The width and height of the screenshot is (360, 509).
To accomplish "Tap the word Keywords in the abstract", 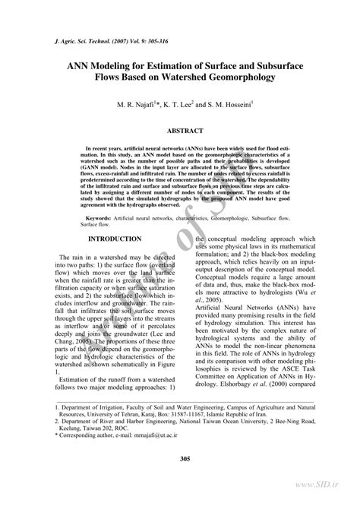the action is click(101, 217).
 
